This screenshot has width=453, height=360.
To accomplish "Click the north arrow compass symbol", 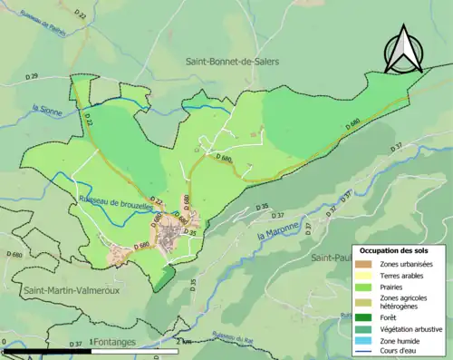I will (x=403, y=51).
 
